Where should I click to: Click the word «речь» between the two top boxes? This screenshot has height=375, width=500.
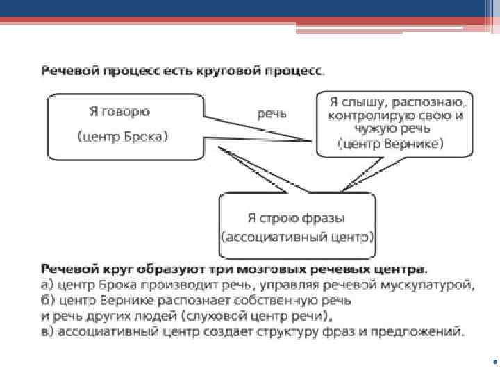coord(272,112)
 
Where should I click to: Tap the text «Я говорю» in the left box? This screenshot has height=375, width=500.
coord(119,111)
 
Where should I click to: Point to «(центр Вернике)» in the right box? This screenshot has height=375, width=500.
coord(391,144)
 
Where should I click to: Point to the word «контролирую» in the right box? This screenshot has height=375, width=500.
coord(367,115)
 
